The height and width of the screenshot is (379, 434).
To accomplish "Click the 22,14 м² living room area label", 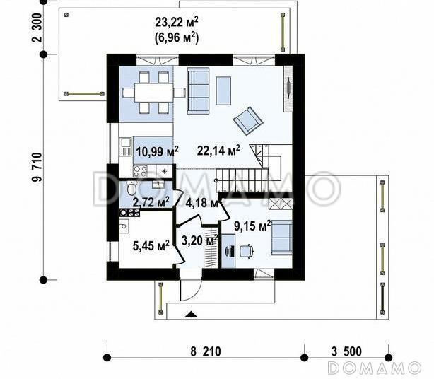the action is pyautogui.click(x=218, y=151).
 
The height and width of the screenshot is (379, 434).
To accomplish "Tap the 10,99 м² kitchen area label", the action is pyautogui.click(x=157, y=151).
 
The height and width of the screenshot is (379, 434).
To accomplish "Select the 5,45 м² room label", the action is pyautogui.click(x=151, y=245).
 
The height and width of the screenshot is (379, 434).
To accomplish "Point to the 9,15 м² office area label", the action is pyautogui.click(x=252, y=226).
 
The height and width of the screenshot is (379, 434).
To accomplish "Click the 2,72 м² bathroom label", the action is pyautogui.click(x=151, y=202).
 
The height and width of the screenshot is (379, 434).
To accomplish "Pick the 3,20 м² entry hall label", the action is pyautogui.click(x=199, y=240).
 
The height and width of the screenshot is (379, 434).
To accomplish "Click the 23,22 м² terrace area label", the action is pyautogui.click(x=176, y=22).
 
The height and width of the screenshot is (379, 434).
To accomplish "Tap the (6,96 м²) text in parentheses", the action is pyautogui.click(x=176, y=37).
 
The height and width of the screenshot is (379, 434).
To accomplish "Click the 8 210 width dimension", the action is pyautogui.click(x=206, y=351).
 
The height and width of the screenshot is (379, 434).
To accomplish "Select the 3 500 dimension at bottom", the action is pyautogui.click(x=346, y=351).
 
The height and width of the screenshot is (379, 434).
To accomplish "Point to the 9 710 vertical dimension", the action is pyautogui.click(x=37, y=167).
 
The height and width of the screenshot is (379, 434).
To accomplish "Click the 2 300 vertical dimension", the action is pyautogui.click(x=37, y=28).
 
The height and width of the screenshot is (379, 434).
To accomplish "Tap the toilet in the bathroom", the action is pyautogui.click(x=131, y=188).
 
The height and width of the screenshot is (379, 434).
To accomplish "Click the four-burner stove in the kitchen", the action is pyautogui.click(x=140, y=171).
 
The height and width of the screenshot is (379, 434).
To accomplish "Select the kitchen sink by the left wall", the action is pyautogui.click(x=126, y=147).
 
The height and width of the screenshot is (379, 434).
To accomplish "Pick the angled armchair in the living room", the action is pyautogui.click(x=248, y=121).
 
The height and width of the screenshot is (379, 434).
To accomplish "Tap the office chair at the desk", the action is pyautogui.click(x=246, y=251).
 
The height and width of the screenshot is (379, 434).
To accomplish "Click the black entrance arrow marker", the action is pyautogui.click(x=191, y=314).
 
